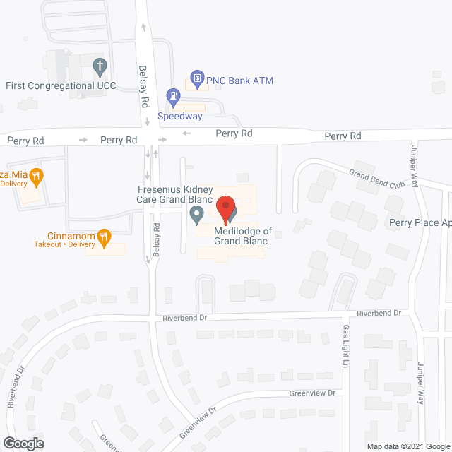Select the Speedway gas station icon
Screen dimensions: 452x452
172,95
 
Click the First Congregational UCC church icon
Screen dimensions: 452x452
100,67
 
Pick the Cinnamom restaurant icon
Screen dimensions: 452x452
104,236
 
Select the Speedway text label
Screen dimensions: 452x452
179,116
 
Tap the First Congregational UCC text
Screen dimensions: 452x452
60,85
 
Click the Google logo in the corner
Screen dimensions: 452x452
23,444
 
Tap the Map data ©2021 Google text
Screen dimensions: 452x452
408,446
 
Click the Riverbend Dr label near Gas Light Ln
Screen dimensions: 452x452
378,312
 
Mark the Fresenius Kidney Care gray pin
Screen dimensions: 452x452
197,214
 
